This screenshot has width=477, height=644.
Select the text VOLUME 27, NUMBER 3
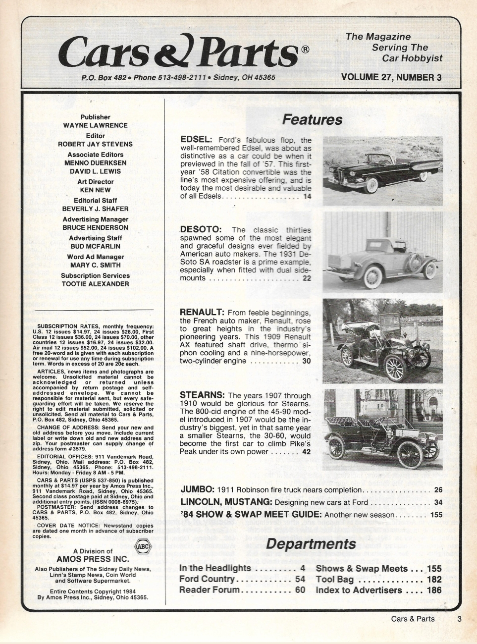391,77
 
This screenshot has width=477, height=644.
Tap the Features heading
312,120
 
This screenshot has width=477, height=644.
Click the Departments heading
311,544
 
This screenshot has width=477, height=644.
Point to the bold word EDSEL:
196,140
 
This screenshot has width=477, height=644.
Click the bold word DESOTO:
200,230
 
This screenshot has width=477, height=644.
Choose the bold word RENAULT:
202,313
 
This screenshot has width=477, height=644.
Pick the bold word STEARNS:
202,395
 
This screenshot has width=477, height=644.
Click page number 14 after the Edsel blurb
307,197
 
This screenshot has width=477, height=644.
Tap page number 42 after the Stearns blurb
306,452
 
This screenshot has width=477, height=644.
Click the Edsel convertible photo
382,171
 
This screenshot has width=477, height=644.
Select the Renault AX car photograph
382,341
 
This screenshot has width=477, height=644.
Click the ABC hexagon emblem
142,547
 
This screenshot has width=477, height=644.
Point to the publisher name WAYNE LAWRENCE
95,126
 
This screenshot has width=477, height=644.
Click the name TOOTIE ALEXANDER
95,284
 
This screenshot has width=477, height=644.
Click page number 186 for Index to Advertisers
434,590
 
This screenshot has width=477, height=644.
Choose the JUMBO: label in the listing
197,490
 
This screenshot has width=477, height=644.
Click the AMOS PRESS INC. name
93,559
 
